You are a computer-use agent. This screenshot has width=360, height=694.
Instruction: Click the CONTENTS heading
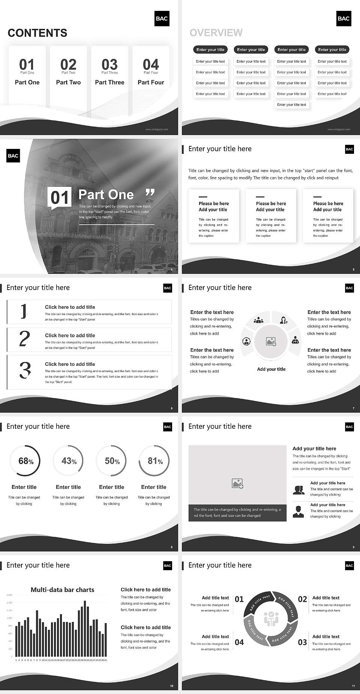(37, 33)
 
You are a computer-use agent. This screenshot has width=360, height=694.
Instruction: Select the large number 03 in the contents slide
(109, 64)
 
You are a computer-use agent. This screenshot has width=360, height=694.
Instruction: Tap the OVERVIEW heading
(216, 33)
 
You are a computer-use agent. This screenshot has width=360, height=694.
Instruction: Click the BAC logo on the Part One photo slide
(13, 156)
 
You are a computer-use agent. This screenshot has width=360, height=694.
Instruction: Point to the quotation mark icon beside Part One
(150, 193)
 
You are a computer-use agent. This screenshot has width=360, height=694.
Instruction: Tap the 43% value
(69, 461)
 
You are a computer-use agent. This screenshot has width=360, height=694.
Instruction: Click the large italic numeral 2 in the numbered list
(24, 339)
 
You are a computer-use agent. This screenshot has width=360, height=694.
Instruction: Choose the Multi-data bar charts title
(63, 590)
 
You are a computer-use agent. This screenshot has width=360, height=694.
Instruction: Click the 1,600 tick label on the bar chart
(9, 595)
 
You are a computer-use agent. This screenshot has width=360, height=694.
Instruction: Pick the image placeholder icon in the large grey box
(237, 484)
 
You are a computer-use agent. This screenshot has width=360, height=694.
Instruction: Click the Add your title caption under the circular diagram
(271, 369)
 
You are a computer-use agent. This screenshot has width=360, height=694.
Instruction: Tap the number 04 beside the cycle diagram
(239, 642)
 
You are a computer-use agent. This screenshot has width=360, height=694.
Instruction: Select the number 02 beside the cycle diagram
(302, 599)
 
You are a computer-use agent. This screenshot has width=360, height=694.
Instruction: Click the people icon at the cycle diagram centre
(271, 619)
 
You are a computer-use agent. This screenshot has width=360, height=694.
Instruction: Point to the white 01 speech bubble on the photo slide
(60, 198)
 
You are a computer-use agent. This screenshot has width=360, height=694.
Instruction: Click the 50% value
(112, 461)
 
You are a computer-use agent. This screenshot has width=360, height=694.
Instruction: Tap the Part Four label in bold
(151, 82)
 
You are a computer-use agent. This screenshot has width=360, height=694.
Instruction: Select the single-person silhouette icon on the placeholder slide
(298, 512)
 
